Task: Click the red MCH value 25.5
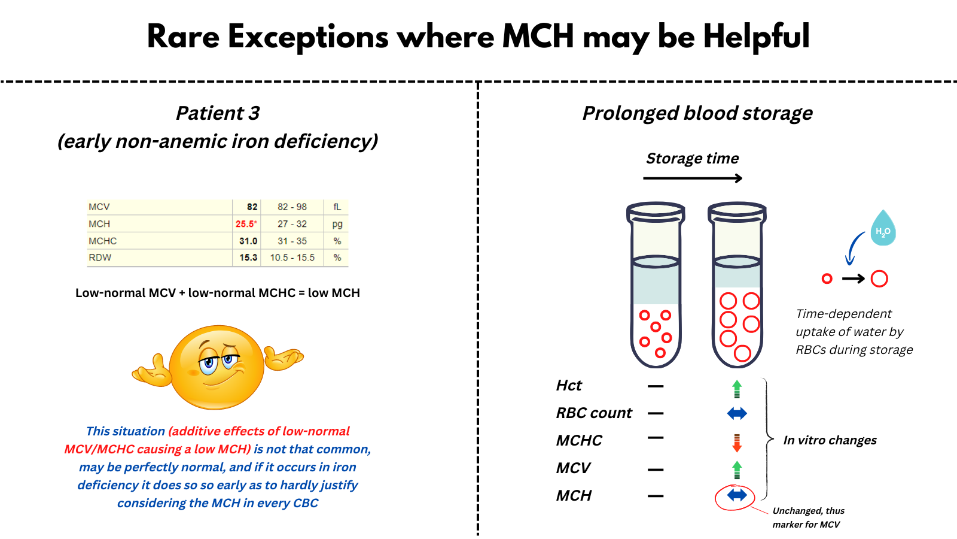[x=245, y=224]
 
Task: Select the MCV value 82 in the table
[x=252, y=207]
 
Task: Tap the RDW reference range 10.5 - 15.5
[x=292, y=258]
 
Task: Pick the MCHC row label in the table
[x=103, y=241]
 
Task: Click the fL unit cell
[x=337, y=207]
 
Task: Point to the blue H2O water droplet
[x=883, y=229]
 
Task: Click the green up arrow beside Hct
[x=737, y=389]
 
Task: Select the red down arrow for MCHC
[x=737, y=443]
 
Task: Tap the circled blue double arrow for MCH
[x=737, y=495]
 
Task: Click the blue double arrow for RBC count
[x=737, y=413]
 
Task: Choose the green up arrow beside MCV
[x=737, y=470]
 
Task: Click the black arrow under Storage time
[x=693, y=178]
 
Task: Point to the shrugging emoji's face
[x=217, y=367]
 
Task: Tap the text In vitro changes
[x=830, y=440]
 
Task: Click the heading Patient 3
[x=218, y=113]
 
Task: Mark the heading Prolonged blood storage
[x=697, y=113]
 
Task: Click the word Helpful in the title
[x=756, y=37]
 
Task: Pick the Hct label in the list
[x=569, y=386]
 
